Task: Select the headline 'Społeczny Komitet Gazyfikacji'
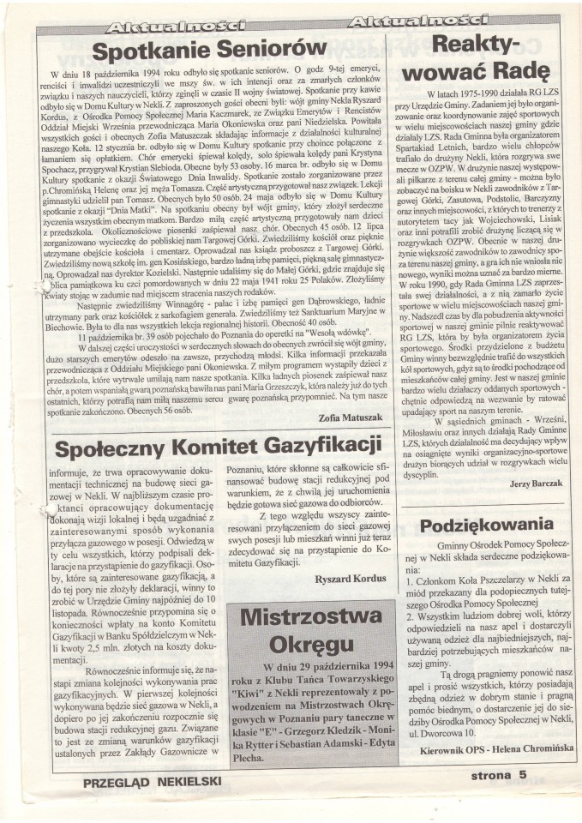point(218,448)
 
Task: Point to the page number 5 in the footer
point(546,778)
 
